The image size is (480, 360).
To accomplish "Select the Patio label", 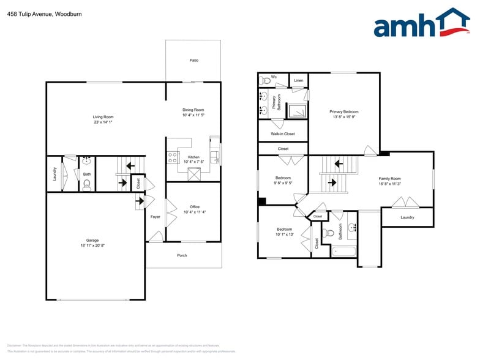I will (193, 60).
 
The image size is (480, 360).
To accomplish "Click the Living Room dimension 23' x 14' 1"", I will (103, 122).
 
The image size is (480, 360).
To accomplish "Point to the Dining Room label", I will (193, 110).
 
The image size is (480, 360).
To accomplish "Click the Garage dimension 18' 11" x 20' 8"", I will (92, 246).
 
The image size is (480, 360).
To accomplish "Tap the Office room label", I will (194, 207).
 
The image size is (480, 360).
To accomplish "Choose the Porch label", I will (182, 255).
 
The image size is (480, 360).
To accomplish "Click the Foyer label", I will (156, 217).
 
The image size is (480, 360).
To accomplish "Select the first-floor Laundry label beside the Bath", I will (54, 174).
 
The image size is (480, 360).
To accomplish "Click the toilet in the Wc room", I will (266, 80).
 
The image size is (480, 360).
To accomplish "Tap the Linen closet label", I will (298, 80).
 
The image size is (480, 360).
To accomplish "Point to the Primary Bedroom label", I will (343, 111).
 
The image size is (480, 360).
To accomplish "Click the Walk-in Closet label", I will (282, 133).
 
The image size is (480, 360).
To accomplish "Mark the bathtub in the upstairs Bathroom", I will (344, 250).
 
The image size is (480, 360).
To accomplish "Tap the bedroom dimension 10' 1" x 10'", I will (284, 234).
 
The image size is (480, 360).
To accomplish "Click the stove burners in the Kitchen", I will (173, 157).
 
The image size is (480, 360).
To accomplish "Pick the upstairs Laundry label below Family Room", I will (407, 217).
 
